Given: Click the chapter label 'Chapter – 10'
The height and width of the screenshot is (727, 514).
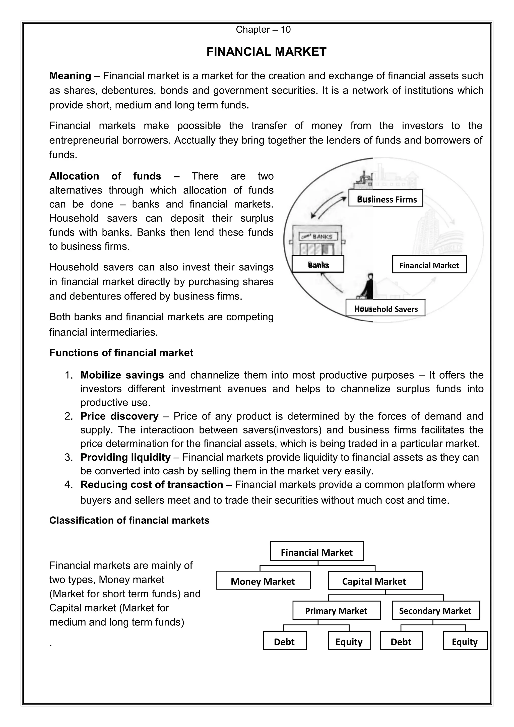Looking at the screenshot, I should tap(263, 30).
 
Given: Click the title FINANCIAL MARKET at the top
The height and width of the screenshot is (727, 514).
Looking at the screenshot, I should tap(266, 52).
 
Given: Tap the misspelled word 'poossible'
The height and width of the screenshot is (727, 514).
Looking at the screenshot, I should tap(199, 126).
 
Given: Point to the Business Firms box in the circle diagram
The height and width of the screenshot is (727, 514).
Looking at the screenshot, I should tap(385, 198).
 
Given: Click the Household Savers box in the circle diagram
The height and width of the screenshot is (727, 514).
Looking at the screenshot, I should tap(385, 308).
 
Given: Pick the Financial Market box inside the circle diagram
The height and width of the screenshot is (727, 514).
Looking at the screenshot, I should tap(429, 264).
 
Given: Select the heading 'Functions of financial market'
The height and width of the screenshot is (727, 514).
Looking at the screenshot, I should tap(121, 353).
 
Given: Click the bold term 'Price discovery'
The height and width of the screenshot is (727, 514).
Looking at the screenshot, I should tap(119, 416).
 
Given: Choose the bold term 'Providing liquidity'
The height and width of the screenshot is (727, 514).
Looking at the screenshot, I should tap(125, 457).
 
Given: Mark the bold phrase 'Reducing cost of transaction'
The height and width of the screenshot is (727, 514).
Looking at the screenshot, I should tap(152, 484).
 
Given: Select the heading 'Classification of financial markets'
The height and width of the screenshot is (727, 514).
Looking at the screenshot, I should tap(129, 520).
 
